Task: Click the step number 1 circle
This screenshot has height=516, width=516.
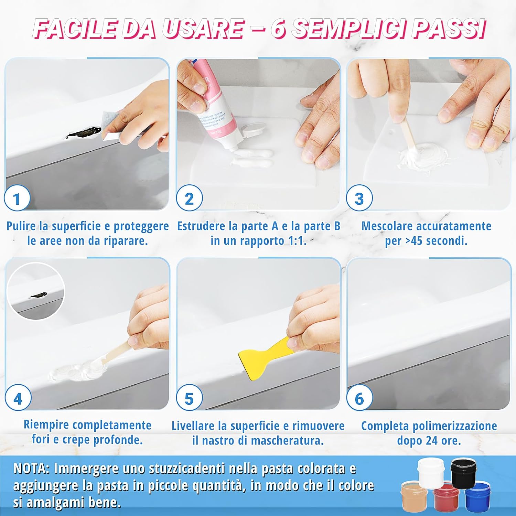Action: [x=17, y=198]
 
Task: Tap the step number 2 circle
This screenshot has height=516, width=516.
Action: [x=189, y=198]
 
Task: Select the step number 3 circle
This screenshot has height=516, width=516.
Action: [x=359, y=198]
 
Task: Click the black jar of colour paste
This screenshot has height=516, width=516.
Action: [x=463, y=473]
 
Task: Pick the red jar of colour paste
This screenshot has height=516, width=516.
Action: [x=446, y=497]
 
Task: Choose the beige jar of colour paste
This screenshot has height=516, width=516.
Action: [x=414, y=495]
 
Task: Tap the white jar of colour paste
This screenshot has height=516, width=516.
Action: [x=431, y=474]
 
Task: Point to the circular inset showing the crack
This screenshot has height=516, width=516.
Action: [x=36, y=291]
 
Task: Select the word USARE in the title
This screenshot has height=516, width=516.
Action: [x=203, y=29]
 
